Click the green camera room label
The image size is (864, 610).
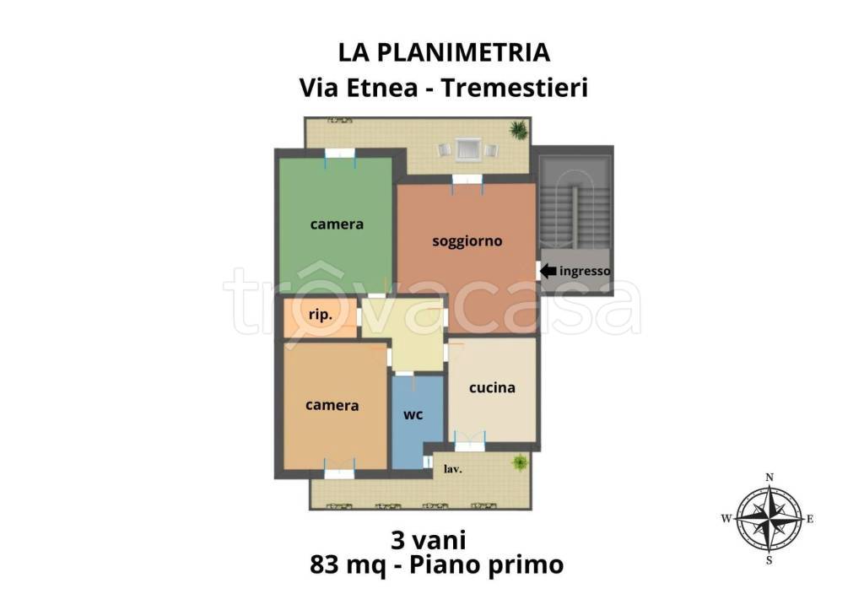click(337, 224)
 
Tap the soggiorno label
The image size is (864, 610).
click(467, 241)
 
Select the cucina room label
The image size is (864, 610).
click(492, 387)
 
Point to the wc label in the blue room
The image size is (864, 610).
click(413, 414)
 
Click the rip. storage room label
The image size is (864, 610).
click(320, 315)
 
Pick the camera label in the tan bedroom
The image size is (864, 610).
click(332, 406)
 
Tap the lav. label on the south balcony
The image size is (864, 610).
click(453, 469)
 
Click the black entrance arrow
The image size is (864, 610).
click(548, 271)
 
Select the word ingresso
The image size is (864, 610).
click(585, 271)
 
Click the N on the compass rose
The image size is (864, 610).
click(769, 478)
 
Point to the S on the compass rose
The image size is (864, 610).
click(769, 561)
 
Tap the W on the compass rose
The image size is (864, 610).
click(726, 519)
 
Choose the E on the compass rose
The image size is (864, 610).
click(810, 519)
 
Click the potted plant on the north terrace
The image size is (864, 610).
click(519, 130)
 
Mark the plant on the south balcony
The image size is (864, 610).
click(519, 463)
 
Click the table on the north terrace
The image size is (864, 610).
click(467, 149)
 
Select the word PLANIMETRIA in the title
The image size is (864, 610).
click(464, 53)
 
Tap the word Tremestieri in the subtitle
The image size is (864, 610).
click(516, 88)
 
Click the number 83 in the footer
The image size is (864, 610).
click(325, 564)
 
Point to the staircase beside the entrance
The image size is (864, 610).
click(574, 202)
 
